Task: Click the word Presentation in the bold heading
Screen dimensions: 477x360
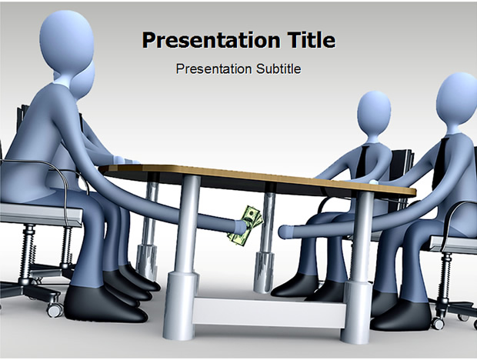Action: tap(212, 41)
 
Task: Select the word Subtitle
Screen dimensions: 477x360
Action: tap(279, 69)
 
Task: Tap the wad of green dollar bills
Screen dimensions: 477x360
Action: tap(245, 225)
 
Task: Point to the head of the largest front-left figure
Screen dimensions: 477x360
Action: tap(66, 41)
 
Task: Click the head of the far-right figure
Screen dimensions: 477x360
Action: tap(457, 98)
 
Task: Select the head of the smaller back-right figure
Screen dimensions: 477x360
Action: tap(374, 112)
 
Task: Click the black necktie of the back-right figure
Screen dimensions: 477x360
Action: tap(362, 161)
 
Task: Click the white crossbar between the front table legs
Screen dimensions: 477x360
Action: tap(269, 312)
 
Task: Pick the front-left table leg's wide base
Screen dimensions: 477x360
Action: tap(180, 305)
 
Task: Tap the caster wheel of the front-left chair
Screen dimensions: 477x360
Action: tap(55, 310)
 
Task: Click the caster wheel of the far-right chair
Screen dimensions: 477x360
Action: tap(438, 324)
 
